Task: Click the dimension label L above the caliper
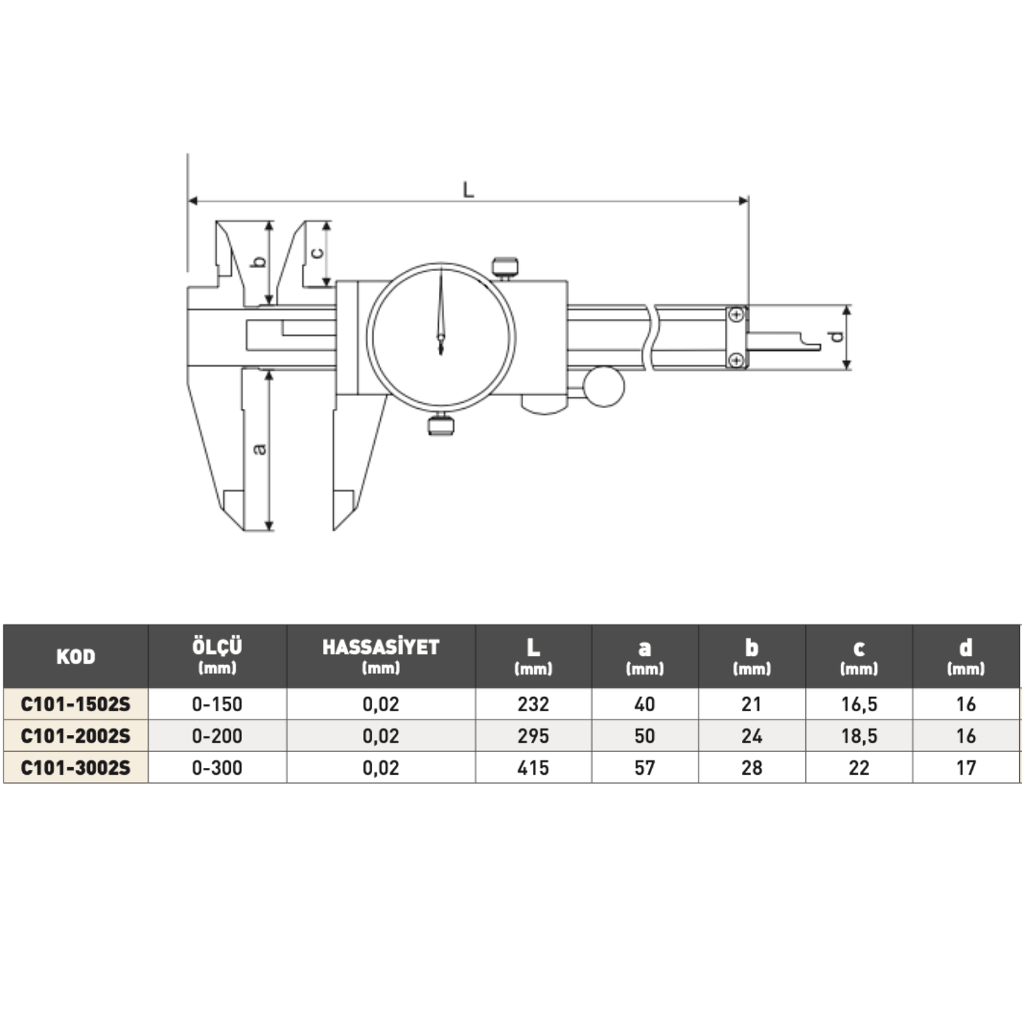[468, 189]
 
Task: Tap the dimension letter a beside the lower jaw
[260, 449]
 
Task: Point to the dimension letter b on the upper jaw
[259, 261]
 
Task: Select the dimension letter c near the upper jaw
[317, 252]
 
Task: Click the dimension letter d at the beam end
[835, 336]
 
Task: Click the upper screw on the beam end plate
[736, 315]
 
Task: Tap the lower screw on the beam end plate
[736, 360]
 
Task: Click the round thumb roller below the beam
[604, 386]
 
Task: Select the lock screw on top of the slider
[505, 267]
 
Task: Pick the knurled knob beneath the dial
[441, 424]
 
